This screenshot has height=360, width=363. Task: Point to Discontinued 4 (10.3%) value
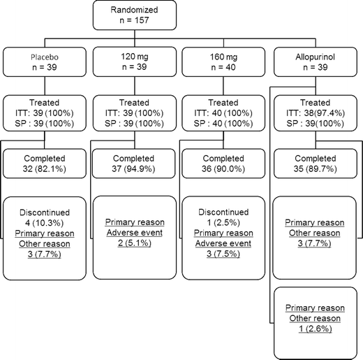[44, 223]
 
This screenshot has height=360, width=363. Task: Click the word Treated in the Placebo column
[44, 102]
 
